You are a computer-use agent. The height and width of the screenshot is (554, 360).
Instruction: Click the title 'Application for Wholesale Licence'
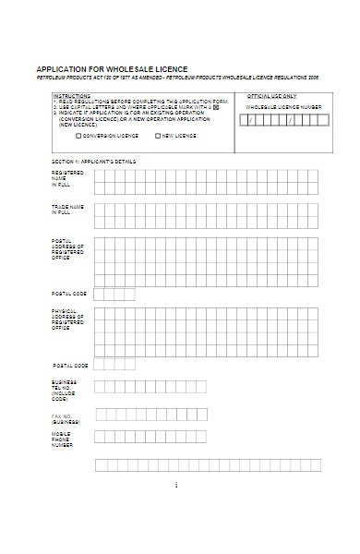click(111, 69)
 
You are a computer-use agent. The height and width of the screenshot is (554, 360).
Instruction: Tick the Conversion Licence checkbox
click(78, 136)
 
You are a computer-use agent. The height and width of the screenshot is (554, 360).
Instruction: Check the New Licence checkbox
click(158, 136)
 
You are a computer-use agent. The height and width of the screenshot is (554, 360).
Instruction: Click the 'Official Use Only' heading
click(271, 95)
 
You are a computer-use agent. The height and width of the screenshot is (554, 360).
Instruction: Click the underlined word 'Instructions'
click(71, 95)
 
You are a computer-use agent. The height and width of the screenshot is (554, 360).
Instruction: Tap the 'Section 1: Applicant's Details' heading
click(93, 162)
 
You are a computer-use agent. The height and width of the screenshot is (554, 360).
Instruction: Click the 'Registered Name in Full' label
click(67, 178)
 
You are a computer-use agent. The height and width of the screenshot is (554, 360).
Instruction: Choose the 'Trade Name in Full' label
click(67, 210)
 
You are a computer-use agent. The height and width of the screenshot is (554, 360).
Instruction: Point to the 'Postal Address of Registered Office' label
click(67, 249)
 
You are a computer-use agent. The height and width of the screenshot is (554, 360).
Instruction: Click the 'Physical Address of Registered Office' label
click(67, 319)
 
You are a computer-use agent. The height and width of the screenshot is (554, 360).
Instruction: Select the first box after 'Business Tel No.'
click(100, 387)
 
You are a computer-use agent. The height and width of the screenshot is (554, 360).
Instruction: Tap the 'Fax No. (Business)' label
click(66, 417)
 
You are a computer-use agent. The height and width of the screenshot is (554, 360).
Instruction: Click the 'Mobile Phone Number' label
click(63, 439)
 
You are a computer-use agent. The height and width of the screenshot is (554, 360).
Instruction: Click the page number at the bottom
click(175, 485)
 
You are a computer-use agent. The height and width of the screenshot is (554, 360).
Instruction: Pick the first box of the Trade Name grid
click(100, 209)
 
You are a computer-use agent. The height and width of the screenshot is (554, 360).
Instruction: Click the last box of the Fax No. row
click(201, 415)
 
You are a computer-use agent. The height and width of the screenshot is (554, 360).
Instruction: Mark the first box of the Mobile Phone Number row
click(100, 437)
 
